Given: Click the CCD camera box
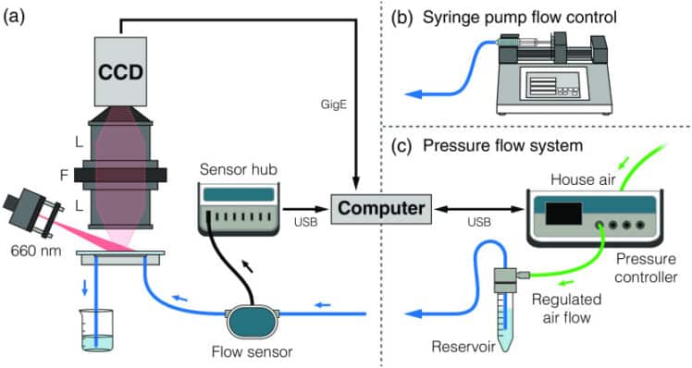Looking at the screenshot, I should [x=120, y=71].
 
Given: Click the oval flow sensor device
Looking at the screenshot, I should [x=253, y=324].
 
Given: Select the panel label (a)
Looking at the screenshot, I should [x=16, y=17].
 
